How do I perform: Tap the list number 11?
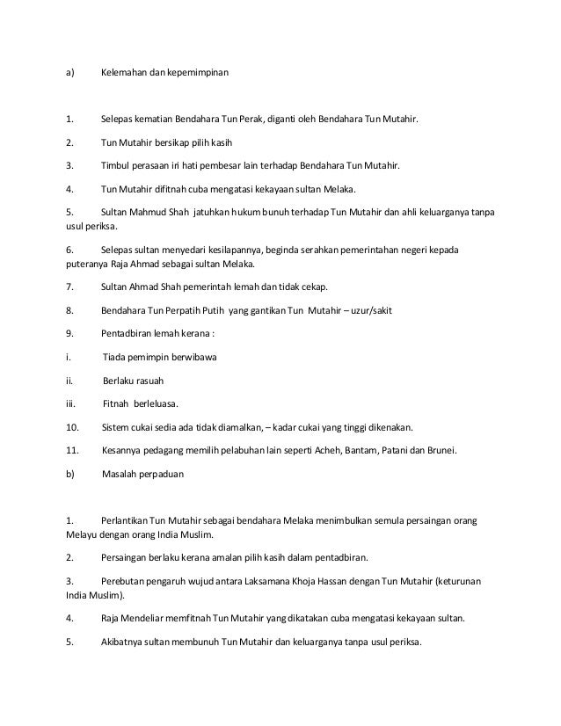coord(73,450)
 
